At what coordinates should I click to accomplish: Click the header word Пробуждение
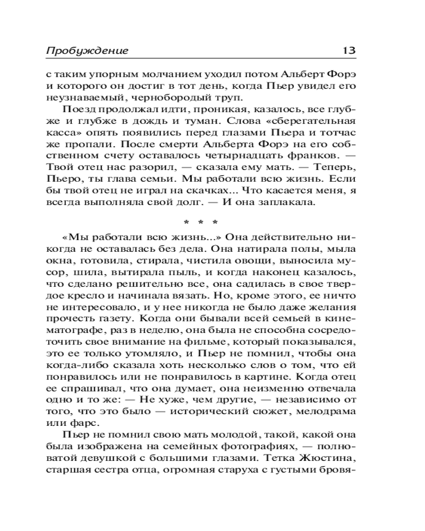coord(87,51)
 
